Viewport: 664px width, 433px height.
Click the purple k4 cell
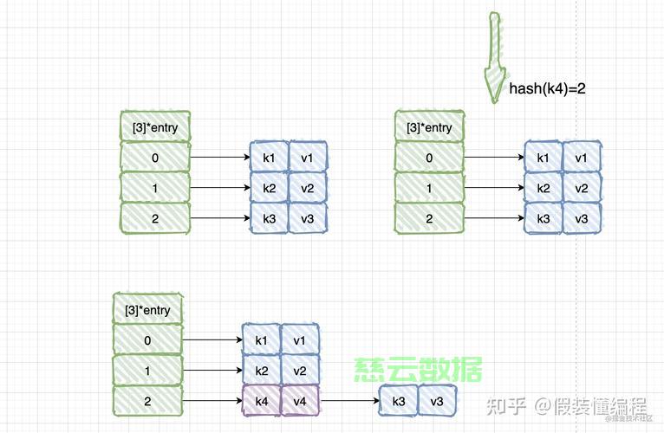coord(261,400)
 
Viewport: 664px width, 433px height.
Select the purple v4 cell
coord(300,400)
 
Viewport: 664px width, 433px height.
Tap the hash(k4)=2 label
coord(547,88)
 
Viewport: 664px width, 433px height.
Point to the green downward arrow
coord(494,57)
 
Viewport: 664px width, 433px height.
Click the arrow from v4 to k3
coord(350,400)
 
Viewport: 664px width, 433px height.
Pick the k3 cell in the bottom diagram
coord(399,400)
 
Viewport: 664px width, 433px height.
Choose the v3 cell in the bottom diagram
coord(437,400)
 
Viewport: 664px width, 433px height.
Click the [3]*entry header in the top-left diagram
coord(155,126)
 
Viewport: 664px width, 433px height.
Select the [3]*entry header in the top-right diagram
coord(429,126)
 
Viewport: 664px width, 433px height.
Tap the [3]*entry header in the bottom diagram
coord(147,309)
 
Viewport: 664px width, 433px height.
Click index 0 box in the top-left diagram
coord(155,157)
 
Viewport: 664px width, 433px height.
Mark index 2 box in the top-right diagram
coord(429,218)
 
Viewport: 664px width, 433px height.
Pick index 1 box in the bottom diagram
coord(147,371)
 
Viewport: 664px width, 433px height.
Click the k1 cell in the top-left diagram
coord(269,157)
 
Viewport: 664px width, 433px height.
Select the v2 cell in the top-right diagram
coord(582,188)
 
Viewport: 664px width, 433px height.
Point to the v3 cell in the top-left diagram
coord(308,218)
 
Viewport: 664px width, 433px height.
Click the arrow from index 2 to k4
coord(212,400)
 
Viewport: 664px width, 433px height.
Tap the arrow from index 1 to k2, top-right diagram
coord(494,188)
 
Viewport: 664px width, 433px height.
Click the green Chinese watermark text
coord(418,369)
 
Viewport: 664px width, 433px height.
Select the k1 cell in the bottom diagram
coord(261,339)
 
